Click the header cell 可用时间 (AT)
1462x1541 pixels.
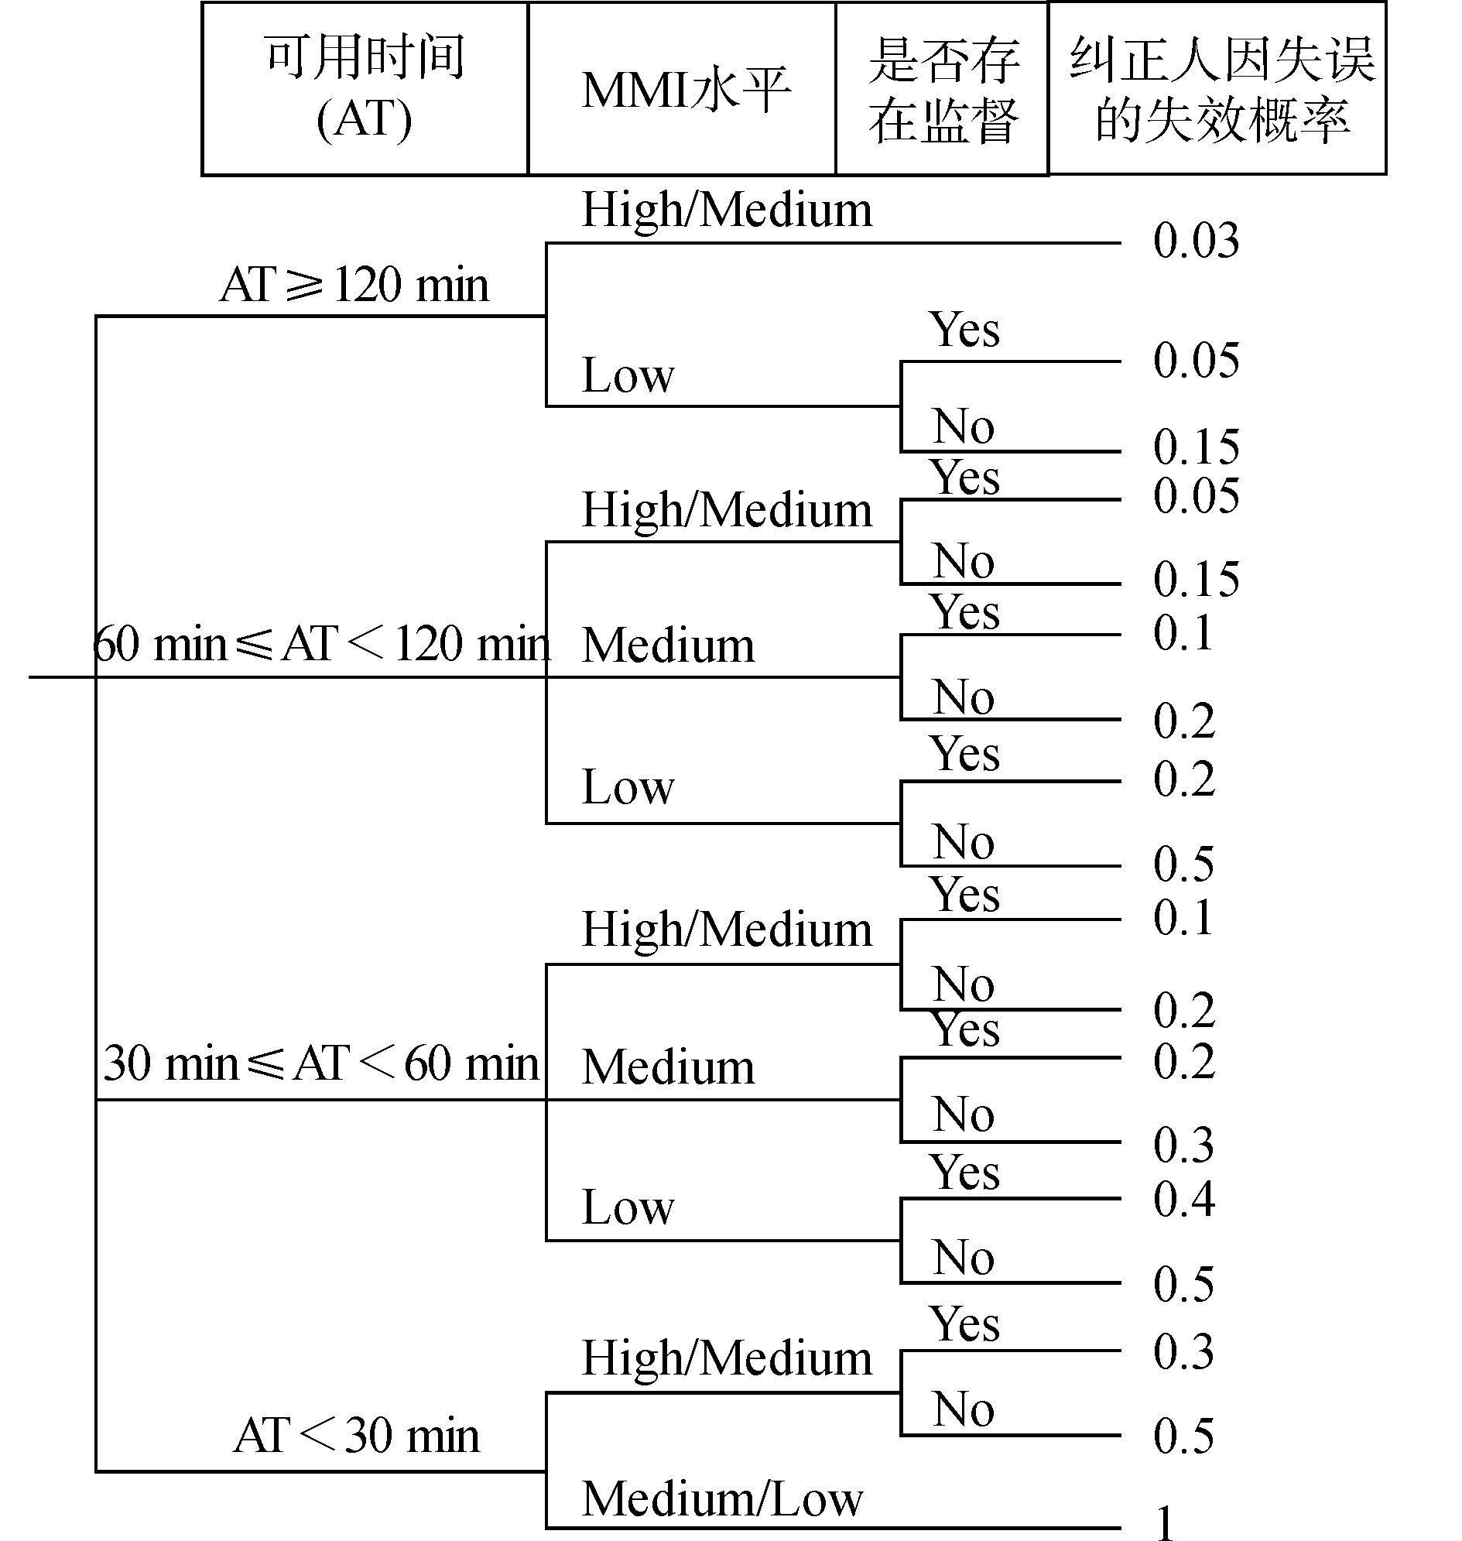tap(365, 88)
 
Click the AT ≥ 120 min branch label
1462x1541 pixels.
tap(354, 286)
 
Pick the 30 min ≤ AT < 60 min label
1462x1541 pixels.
tap(321, 1063)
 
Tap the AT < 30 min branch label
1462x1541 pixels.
tap(356, 1436)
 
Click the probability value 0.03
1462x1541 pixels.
tap(1196, 241)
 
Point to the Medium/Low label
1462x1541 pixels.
tap(722, 1499)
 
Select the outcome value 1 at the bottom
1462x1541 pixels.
tap(1165, 1522)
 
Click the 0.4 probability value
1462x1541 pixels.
tap(1184, 1200)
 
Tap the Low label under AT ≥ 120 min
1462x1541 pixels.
tap(628, 375)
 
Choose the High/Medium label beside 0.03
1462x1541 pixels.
tap(726, 210)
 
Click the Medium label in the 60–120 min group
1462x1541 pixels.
tap(668, 646)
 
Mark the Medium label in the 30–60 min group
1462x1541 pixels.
tap(668, 1067)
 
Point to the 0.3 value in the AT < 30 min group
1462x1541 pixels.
tap(1183, 1352)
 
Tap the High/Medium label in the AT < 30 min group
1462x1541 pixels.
tap(726, 1358)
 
